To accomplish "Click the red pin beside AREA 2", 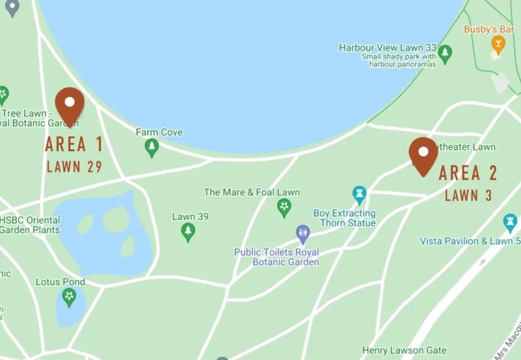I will click(423, 156).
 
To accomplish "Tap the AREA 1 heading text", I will click(74, 145).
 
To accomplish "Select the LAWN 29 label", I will click(74, 167).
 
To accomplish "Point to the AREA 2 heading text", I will click(468, 173).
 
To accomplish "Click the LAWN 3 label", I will click(468, 195).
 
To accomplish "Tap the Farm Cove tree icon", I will click(152, 148).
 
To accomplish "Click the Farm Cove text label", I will click(159, 132).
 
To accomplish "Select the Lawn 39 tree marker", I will click(188, 232).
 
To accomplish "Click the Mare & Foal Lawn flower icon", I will click(284, 208).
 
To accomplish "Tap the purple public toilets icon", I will click(303, 232).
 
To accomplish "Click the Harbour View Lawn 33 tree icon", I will click(445, 53).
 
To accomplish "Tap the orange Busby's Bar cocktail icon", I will click(498, 44).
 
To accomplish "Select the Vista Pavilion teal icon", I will click(511, 223).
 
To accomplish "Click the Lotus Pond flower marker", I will click(69, 298).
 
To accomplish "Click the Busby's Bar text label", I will click(489, 29).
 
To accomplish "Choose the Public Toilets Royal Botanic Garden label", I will click(286, 257).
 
